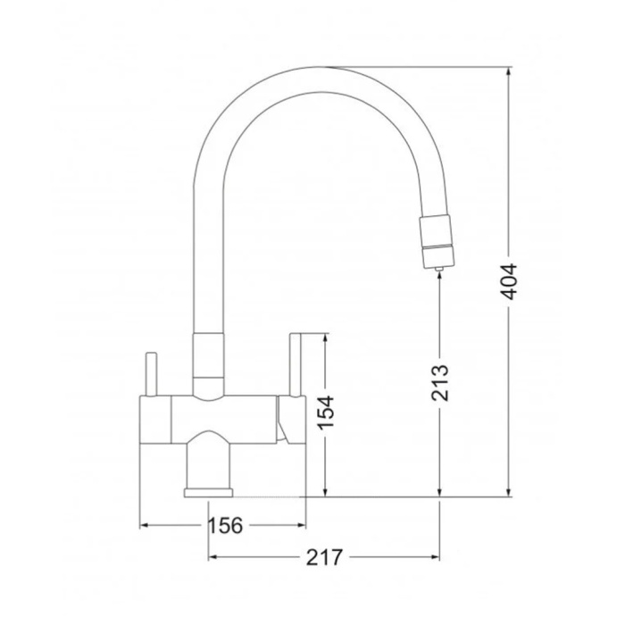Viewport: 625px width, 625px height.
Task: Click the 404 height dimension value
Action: coord(509,281)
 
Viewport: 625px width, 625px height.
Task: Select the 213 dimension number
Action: coord(440,382)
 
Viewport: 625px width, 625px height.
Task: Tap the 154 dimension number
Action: coord(326,412)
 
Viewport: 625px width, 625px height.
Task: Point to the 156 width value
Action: coord(226,525)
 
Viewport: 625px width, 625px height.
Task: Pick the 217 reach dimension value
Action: coord(324,557)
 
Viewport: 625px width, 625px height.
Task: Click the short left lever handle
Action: coord(151,374)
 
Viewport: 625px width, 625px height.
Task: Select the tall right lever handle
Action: coord(295,364)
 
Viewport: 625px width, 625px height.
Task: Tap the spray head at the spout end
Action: coord(436,241)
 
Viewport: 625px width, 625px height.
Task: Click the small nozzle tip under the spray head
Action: coord(439,269)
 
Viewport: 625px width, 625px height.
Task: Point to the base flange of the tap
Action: coord(208,493)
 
